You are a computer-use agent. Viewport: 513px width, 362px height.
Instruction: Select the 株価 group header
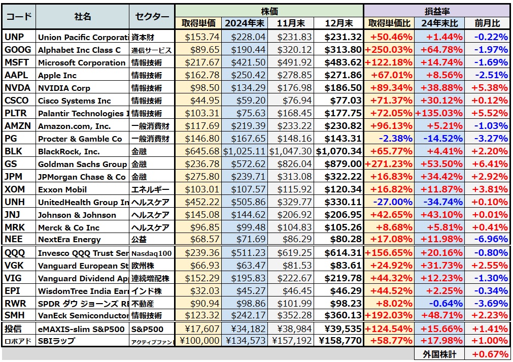tap(269, 11)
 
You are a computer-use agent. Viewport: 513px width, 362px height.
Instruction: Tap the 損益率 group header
tap(436, 11)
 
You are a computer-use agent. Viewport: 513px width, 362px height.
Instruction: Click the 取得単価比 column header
tap(389, 23)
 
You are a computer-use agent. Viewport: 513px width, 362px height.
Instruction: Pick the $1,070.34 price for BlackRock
tap(339, 151)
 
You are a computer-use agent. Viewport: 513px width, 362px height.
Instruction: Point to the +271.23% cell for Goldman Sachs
tap(389, 164)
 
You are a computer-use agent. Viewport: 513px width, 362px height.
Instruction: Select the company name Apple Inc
tap(57, 75)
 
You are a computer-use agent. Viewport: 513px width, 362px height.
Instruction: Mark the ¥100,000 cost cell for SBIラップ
tap(200, 341)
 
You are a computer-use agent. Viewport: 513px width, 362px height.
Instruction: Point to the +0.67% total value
tap(490, 354)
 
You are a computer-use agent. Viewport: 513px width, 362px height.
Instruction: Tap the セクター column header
tap(152, 17)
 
